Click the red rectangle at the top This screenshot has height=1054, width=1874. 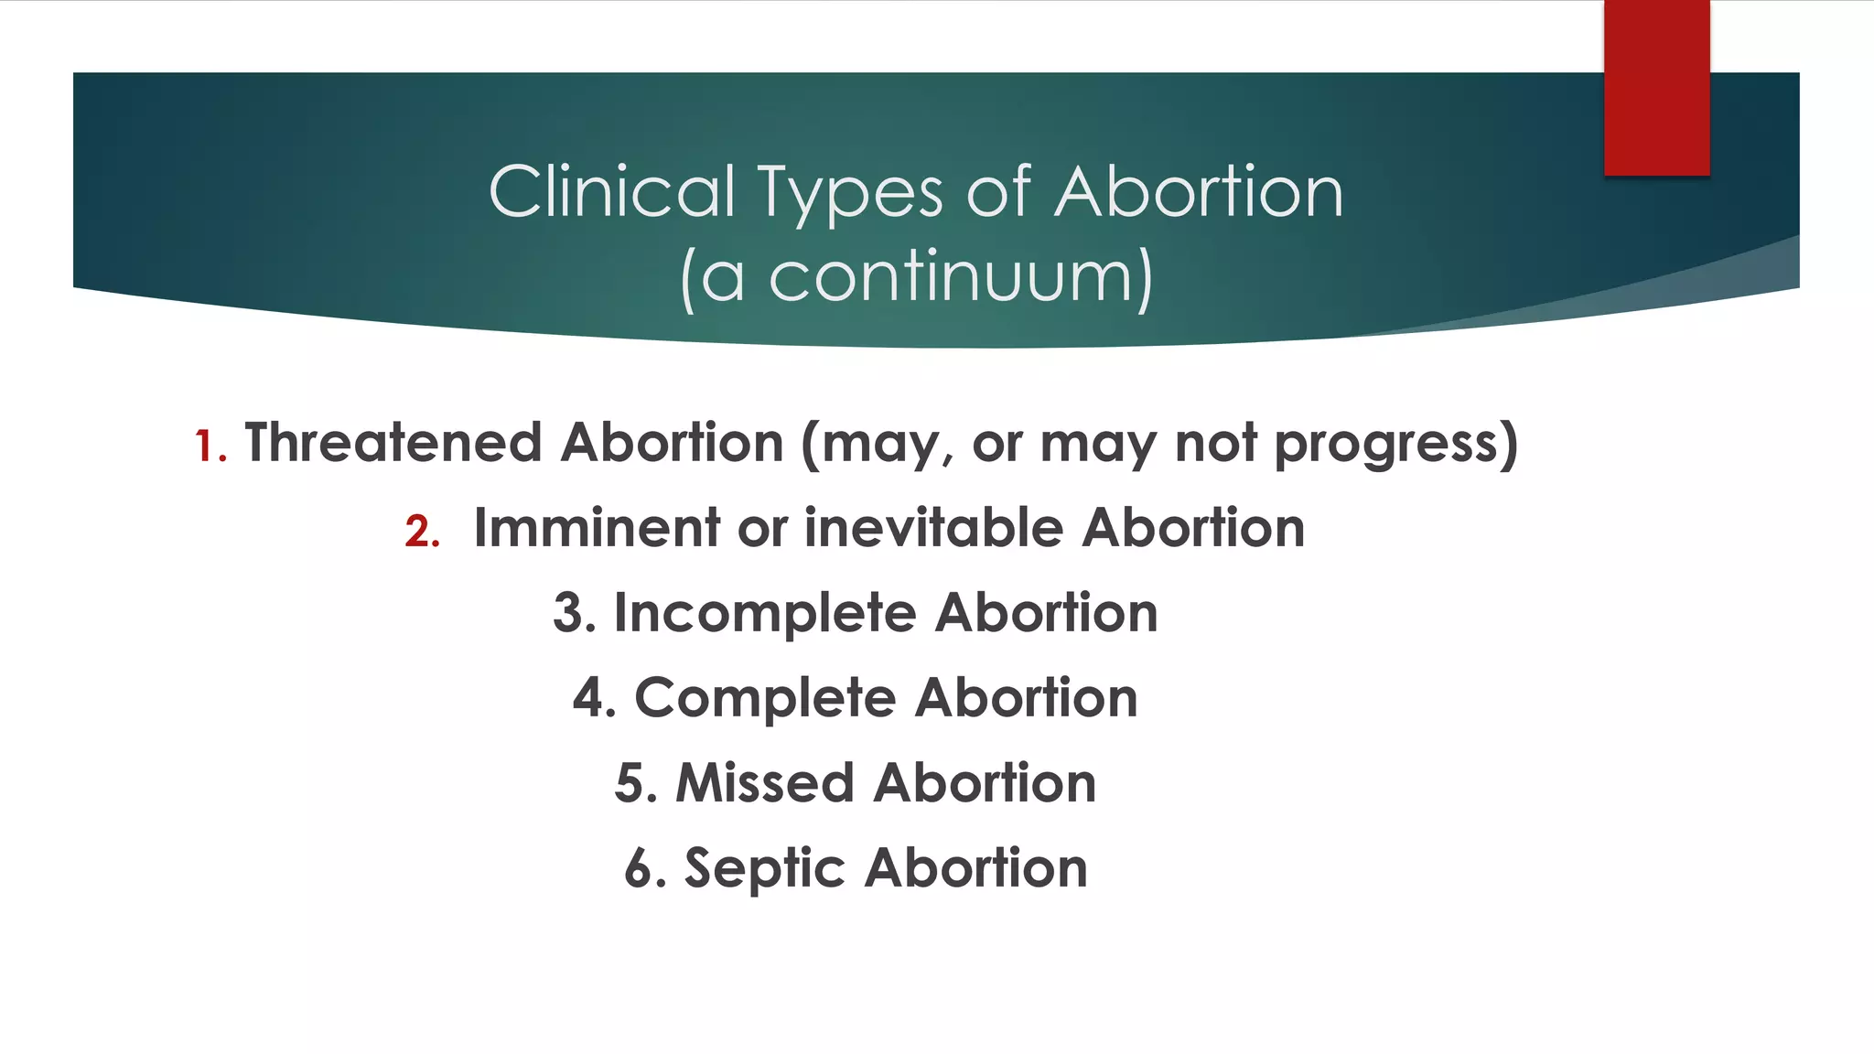(x=1656, y=87)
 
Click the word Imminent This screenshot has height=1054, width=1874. (x=597, y=528)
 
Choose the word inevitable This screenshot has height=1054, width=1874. (x=933, y=528)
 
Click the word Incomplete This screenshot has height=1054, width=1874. (x=764, y=613)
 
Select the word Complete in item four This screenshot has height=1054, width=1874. (x=765, y=699)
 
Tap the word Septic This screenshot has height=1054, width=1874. (x=764, y=868)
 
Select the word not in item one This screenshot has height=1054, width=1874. (x=1216, y=444)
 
